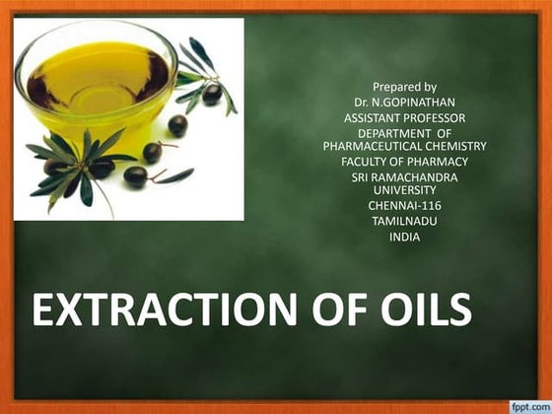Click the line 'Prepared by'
(404, 87)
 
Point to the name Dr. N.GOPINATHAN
(404, 102)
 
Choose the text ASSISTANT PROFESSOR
(404, 116)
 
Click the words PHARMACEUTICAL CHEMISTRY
(404, 146)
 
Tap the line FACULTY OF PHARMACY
(404, 161)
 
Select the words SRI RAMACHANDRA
(404, 176)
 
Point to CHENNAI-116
(404, 205)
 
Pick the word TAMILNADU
(404, 221)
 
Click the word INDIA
(404, 237)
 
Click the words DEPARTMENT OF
(404, 133)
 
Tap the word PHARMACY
(441, 161)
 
